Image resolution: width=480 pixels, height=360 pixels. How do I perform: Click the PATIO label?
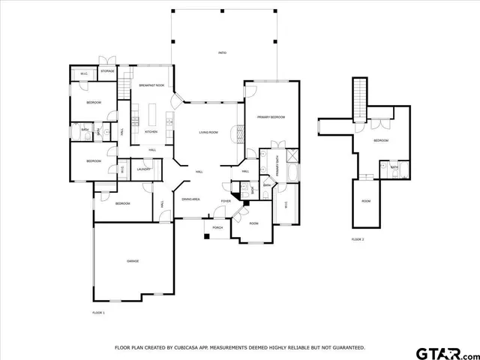[222, 52]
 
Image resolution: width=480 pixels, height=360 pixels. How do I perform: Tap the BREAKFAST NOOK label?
[152, 85]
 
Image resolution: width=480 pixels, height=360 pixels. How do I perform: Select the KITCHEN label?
[151, 132]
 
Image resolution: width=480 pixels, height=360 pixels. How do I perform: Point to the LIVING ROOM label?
[208, 132]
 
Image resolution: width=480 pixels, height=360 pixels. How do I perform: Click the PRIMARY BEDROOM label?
[271, 117]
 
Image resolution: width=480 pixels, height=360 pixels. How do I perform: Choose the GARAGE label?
[133, 261]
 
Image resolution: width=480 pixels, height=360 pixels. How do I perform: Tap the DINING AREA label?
[190, 199]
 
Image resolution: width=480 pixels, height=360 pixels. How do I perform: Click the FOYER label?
[225, 201]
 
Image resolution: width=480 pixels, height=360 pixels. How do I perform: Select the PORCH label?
[217, 227]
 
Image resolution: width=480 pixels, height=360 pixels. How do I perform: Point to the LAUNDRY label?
[144, 169]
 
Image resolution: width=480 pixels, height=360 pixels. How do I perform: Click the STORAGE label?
[108, 71]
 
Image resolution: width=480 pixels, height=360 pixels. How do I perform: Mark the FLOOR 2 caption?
[358, 239]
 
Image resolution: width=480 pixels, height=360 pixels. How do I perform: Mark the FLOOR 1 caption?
[98, 312]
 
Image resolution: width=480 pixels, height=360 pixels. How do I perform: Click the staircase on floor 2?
[358, 97]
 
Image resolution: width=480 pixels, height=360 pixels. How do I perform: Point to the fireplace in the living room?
[238, 133]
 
